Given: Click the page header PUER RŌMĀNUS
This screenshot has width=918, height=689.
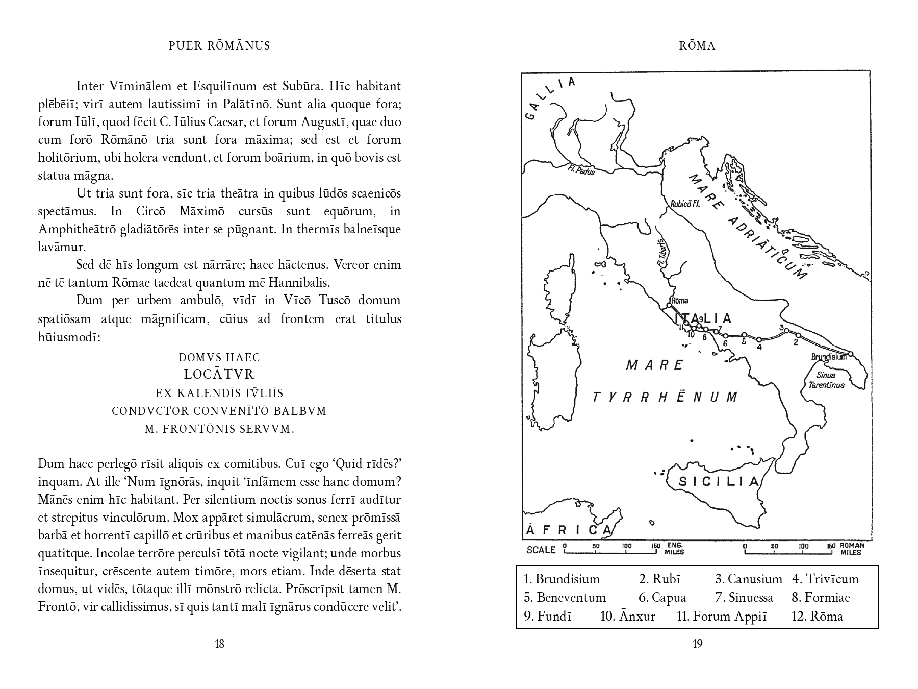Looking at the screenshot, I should (x=219, y=46).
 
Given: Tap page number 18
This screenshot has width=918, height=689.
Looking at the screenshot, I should (x=219, y=644).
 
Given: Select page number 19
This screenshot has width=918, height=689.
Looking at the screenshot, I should (x=697, y=644).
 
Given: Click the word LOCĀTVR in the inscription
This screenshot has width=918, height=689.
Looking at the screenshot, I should (x=219, y=375).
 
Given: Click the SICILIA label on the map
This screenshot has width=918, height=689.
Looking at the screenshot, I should (x=719, y=482).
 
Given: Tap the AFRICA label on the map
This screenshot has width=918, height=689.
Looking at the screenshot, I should (x=566, y=530).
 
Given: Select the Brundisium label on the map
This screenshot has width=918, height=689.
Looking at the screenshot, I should (x=828, y=357).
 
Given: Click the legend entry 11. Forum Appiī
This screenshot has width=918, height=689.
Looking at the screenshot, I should (x=721, y=616).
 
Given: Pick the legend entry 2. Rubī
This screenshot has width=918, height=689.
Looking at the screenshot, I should (x=659, y=579).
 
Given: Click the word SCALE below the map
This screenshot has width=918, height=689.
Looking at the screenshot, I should (x=541, y=550).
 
